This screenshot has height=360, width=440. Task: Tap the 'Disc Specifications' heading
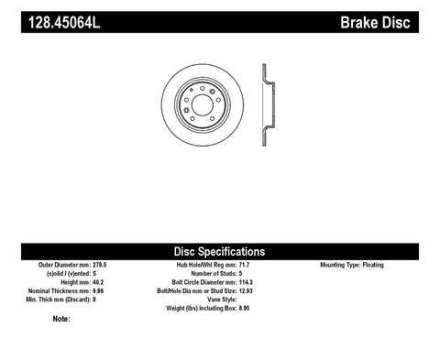tap(220, 251)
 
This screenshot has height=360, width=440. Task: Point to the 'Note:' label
tap(61, 320)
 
